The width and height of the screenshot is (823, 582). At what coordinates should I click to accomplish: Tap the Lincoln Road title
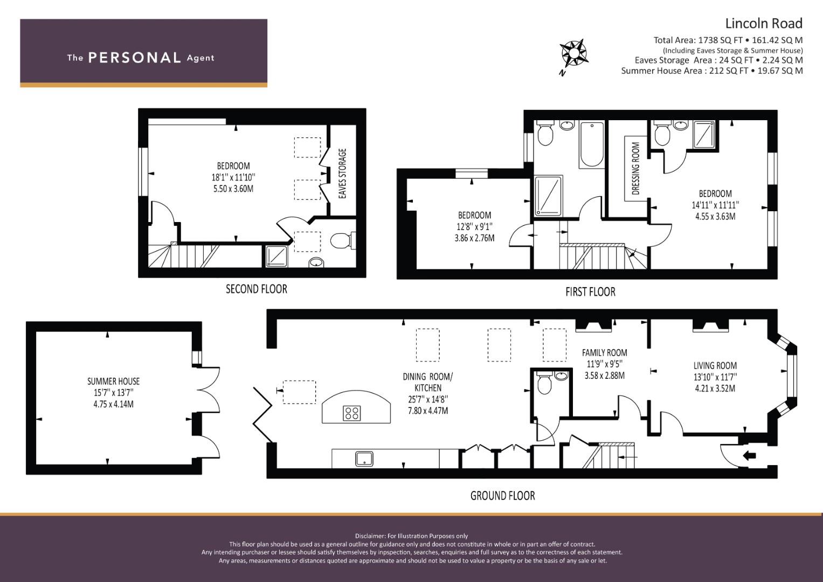(x=764, y=24)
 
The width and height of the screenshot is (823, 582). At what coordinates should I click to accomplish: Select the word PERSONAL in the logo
(x=135, y=58)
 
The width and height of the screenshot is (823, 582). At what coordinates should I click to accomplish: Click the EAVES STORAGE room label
(x=342, y=174)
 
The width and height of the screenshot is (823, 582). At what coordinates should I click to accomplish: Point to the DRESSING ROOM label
(x=636, y=168)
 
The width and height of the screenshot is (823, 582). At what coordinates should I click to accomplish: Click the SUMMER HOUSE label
(x=114, y=382)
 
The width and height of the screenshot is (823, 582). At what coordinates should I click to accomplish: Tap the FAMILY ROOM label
(x=604, y=353)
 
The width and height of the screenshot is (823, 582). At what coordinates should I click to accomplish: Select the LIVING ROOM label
(x=715, y=365)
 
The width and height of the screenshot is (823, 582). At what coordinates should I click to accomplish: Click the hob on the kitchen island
(x=351, y=413)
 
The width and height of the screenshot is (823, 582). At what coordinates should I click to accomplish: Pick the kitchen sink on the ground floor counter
(x=364, y=459)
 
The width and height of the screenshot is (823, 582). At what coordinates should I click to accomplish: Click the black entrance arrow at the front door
(x=750, y=456)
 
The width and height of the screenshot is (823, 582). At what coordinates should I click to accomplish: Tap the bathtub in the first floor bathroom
(x=592, y=144)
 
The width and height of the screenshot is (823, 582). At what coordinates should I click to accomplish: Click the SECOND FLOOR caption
(x=257, y=289)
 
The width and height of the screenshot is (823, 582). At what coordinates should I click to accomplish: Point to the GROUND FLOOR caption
(x=503, y=496)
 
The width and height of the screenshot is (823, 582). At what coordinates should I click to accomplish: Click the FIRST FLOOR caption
(x=590, y=292)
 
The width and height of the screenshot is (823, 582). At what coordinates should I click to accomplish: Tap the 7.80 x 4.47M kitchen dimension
(x=428, y=411)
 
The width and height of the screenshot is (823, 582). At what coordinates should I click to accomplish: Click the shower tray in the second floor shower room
(x=276, y=256)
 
